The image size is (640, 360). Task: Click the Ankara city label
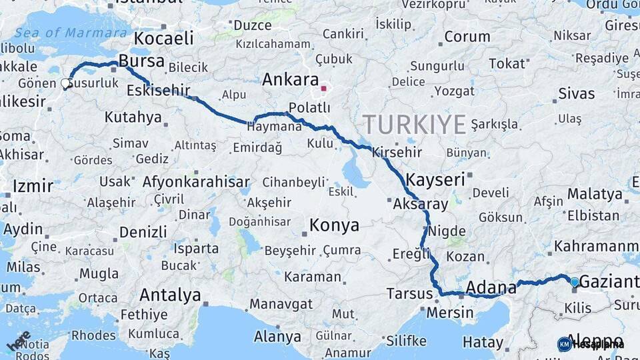point(290,80)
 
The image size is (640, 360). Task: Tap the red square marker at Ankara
point(323,88)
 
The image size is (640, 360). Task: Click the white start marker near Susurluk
point(66,83)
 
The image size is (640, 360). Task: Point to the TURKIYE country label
point(414,124)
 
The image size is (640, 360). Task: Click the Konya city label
point(335,225)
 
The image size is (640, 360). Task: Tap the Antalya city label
point(170,294)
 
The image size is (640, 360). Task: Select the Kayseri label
point(435,179)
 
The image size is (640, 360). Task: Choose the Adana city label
point(491,287)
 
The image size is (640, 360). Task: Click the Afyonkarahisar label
point(196,181)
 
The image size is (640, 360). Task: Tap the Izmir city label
point(33,185)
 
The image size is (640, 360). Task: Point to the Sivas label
point(577,93)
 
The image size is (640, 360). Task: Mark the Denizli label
point(143,232)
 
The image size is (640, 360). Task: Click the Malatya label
point(594,194)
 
